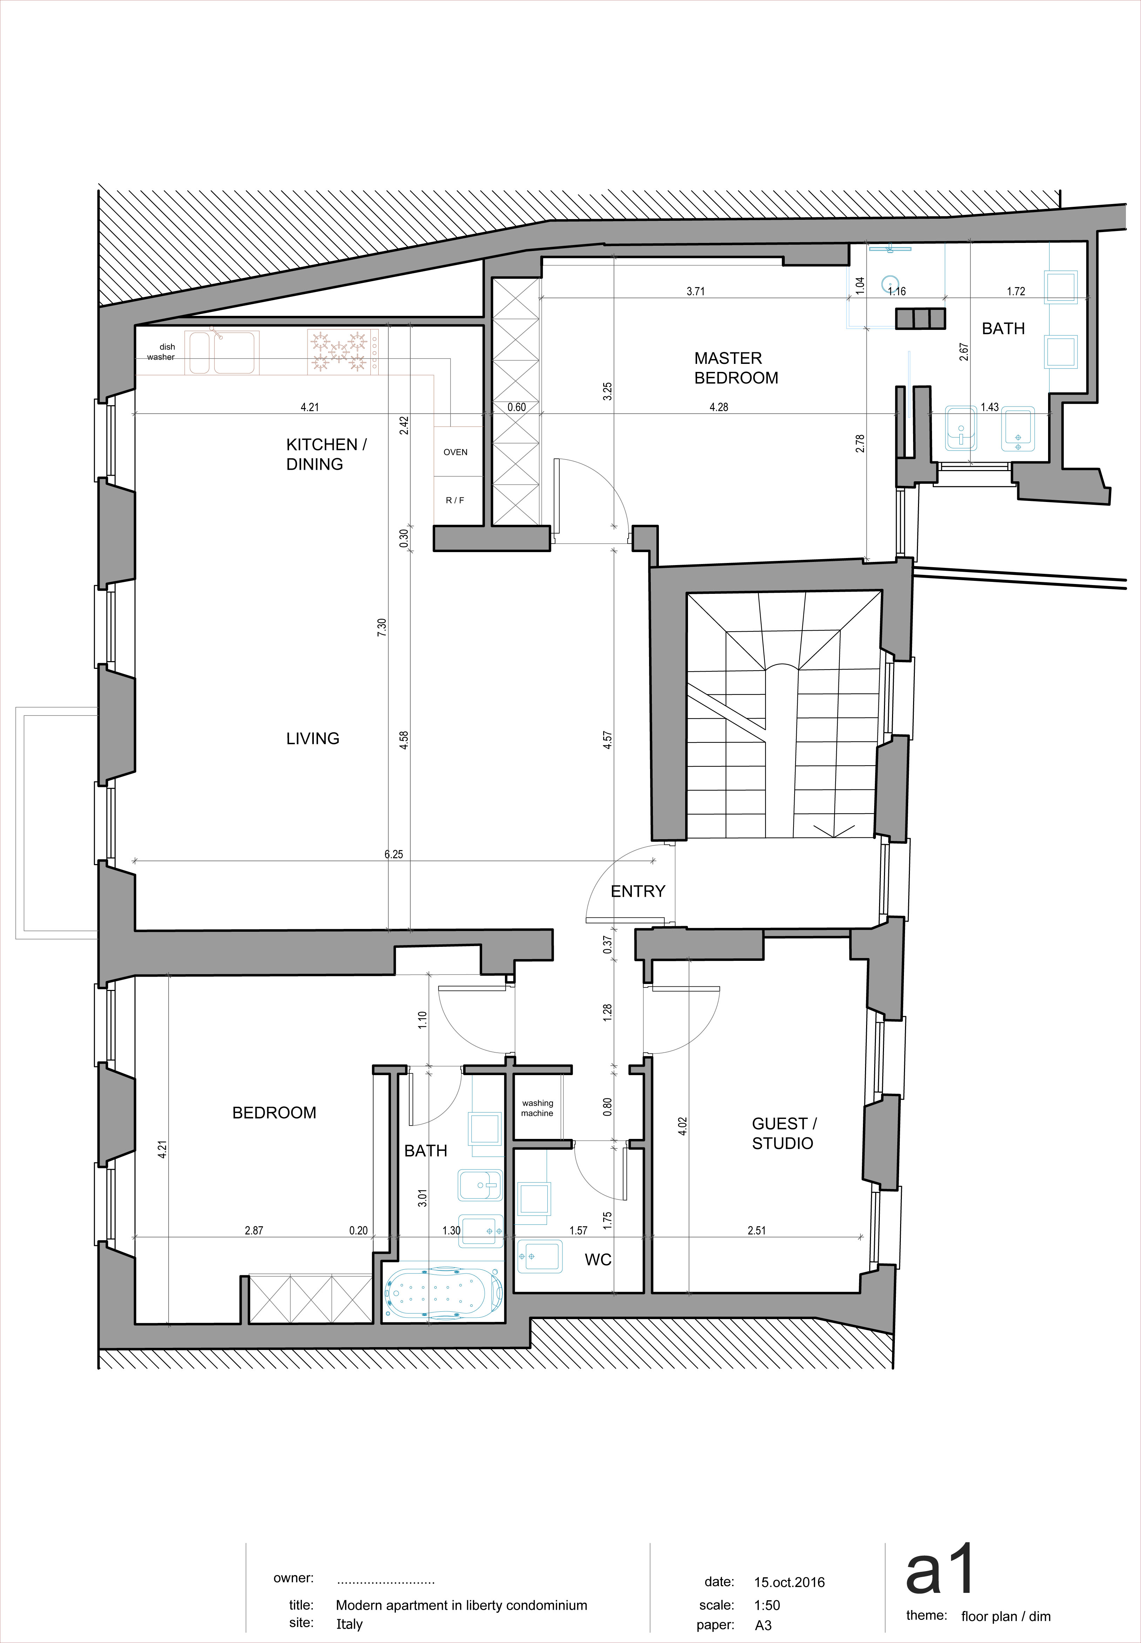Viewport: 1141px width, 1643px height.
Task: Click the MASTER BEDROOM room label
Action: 736,368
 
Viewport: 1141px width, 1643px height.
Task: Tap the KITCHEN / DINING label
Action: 326,454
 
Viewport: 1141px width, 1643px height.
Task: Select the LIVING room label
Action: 312,738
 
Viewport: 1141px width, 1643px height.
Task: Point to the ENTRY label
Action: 638,891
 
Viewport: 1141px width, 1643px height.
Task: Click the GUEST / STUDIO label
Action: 784,1133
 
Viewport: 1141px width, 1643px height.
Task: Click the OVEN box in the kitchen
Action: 455,452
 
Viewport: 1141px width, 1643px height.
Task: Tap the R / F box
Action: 455,500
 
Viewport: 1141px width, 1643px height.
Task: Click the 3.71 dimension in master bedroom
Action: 696,292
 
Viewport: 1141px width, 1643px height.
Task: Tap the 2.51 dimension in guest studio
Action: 756,1231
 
